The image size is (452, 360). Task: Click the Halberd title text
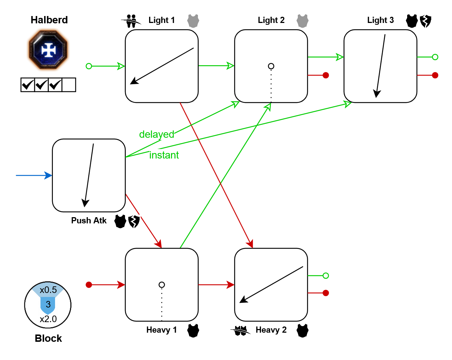coord(49,20)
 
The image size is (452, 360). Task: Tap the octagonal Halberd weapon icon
coord(48,50)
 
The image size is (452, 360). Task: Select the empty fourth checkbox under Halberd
coord(69,85)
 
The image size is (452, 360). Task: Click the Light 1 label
coord(161,20)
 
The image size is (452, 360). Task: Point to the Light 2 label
coord(271,20)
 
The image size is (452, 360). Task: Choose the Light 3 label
coord(380,20)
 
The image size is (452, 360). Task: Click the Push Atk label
coord(89,221)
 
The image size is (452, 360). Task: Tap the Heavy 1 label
coord(161,330)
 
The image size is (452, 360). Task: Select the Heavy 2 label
coord(271,330)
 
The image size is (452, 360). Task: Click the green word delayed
coord(157,134)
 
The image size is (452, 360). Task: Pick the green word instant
coord(164,155)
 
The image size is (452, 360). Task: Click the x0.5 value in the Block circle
coord(48,290)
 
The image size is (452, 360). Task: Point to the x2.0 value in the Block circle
coord(48,319)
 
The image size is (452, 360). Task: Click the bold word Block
coord(48,339)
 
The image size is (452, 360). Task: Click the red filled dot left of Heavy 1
coord(89,285)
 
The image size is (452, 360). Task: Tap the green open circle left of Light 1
coord(89,66)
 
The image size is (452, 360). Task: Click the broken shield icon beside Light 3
coord(425,21)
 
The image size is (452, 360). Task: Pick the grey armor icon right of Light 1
coord(193,21)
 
